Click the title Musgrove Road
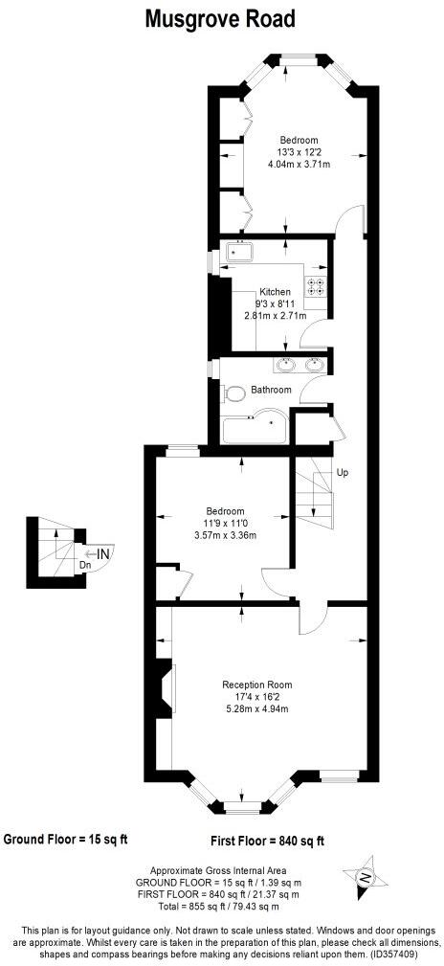point(220,18)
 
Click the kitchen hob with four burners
point(316,284)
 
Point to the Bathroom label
point(271,391)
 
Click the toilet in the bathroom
point(233,393)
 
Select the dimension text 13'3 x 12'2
point(299,152)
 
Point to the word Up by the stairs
point(342,473)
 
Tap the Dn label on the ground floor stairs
point(85,565)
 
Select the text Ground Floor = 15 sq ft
point(65,840)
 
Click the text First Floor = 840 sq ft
point(267,842)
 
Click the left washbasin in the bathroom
point(285,364)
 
